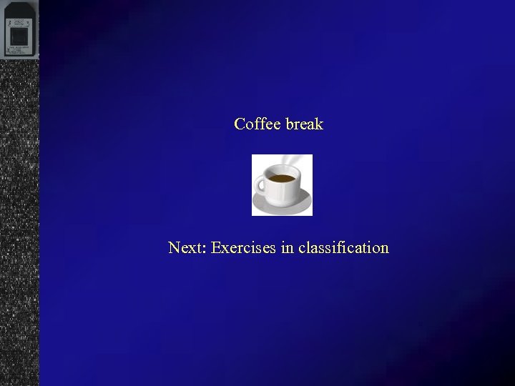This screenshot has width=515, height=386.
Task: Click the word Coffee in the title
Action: pos(257,124)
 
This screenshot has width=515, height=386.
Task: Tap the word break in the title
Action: pos(305,124)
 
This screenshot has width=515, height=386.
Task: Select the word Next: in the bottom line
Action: pos(187,248)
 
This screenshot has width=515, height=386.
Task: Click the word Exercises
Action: pos(244,248)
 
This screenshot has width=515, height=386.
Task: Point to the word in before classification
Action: pos(288,248)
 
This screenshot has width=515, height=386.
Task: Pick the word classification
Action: pos(343,248)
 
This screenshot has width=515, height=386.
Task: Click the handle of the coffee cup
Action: pos(260,185)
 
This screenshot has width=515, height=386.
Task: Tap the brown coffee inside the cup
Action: pos(282,177)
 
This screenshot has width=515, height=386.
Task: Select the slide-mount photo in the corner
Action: pos(19,29)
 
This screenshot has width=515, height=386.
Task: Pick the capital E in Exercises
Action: pos(216,248)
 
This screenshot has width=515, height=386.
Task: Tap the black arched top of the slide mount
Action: pos(19,6)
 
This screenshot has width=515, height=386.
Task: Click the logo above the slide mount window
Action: pos(17,21)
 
